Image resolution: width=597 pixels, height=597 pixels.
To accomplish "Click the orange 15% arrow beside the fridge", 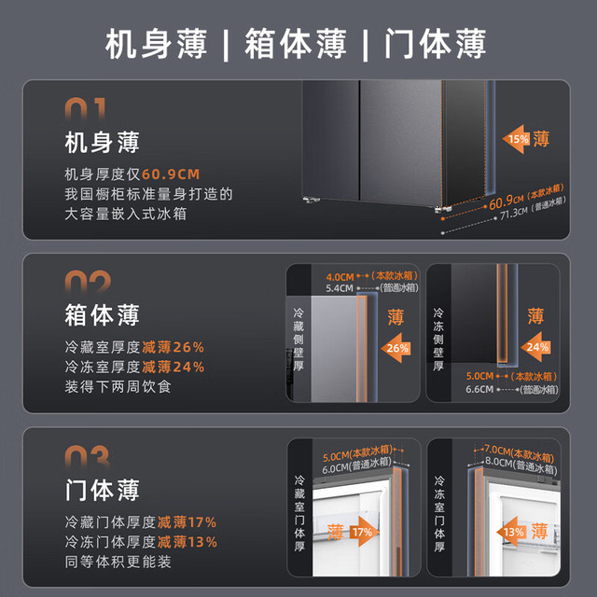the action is point(516,139).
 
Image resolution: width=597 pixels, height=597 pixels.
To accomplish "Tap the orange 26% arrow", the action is point(396,348).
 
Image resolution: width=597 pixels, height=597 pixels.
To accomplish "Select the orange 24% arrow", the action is point(535,347).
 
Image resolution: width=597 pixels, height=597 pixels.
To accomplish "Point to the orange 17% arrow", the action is point(364,532).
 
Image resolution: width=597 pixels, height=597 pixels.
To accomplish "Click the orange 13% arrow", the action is point(511,532).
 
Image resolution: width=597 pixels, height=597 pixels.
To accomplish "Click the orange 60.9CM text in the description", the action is point(171,174).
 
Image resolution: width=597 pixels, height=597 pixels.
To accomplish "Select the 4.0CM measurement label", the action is point(340,277).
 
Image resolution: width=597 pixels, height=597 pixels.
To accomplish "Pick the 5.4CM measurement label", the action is point(340,288).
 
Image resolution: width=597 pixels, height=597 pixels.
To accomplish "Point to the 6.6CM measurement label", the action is point(479,389).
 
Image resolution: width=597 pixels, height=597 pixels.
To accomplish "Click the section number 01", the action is point(85,108).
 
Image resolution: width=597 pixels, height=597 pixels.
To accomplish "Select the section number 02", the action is point(88,282).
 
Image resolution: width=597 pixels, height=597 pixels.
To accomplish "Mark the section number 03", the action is point(88,457).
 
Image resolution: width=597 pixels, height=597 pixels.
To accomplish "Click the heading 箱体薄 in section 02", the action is point(102,315).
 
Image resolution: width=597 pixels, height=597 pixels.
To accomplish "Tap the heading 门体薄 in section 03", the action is point(102,490).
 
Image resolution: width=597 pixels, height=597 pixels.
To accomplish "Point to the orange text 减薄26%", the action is point(174,347).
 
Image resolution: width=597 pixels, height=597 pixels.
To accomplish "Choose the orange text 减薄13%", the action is point(187,542).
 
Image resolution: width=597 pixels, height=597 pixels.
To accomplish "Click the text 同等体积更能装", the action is point(118,562).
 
